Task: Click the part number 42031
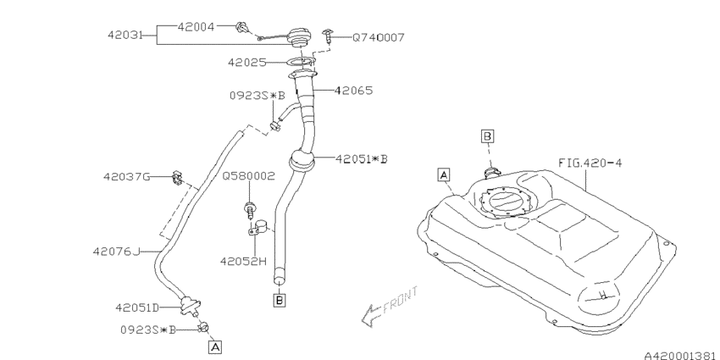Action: (x=125, y=36)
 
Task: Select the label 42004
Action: (x=197, y=26)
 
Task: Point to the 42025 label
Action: (x=248, y=62)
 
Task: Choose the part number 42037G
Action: (x=126, y=177)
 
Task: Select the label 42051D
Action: (x=139, y=307)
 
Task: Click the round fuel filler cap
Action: (x=297, y=38)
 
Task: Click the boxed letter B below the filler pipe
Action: (x=279, y=299)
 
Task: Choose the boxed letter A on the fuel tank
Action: (x=442, y=175)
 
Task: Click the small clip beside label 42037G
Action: (x=175, y=177)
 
